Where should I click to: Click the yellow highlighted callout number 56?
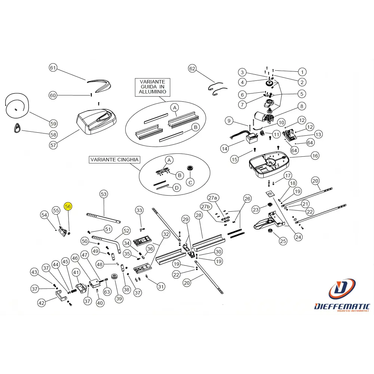[x=68, y=206]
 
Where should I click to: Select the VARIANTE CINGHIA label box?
[x=114, y=160]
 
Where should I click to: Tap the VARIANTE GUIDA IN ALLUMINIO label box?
[x=153, y=87]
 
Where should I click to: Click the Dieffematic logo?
[x=342, y=295]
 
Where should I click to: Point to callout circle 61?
[x=53, y=68]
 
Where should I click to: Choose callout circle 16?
[x=315, y=156]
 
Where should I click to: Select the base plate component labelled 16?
[x=269, y=164]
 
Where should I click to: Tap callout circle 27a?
[x=213, y=198]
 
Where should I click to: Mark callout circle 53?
[x=104, y=194]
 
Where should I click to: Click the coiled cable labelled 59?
[x=17, y=105]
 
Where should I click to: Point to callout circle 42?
[x=42, y=303]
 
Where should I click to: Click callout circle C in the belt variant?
[x=190, y=183]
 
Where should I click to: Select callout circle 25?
[x=283, y=241]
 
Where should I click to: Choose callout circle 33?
[x=139, y=210]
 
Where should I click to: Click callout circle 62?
[x=192, y=69]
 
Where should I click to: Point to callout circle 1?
[x=302, y=72]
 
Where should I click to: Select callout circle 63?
[x=107, y=292]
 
